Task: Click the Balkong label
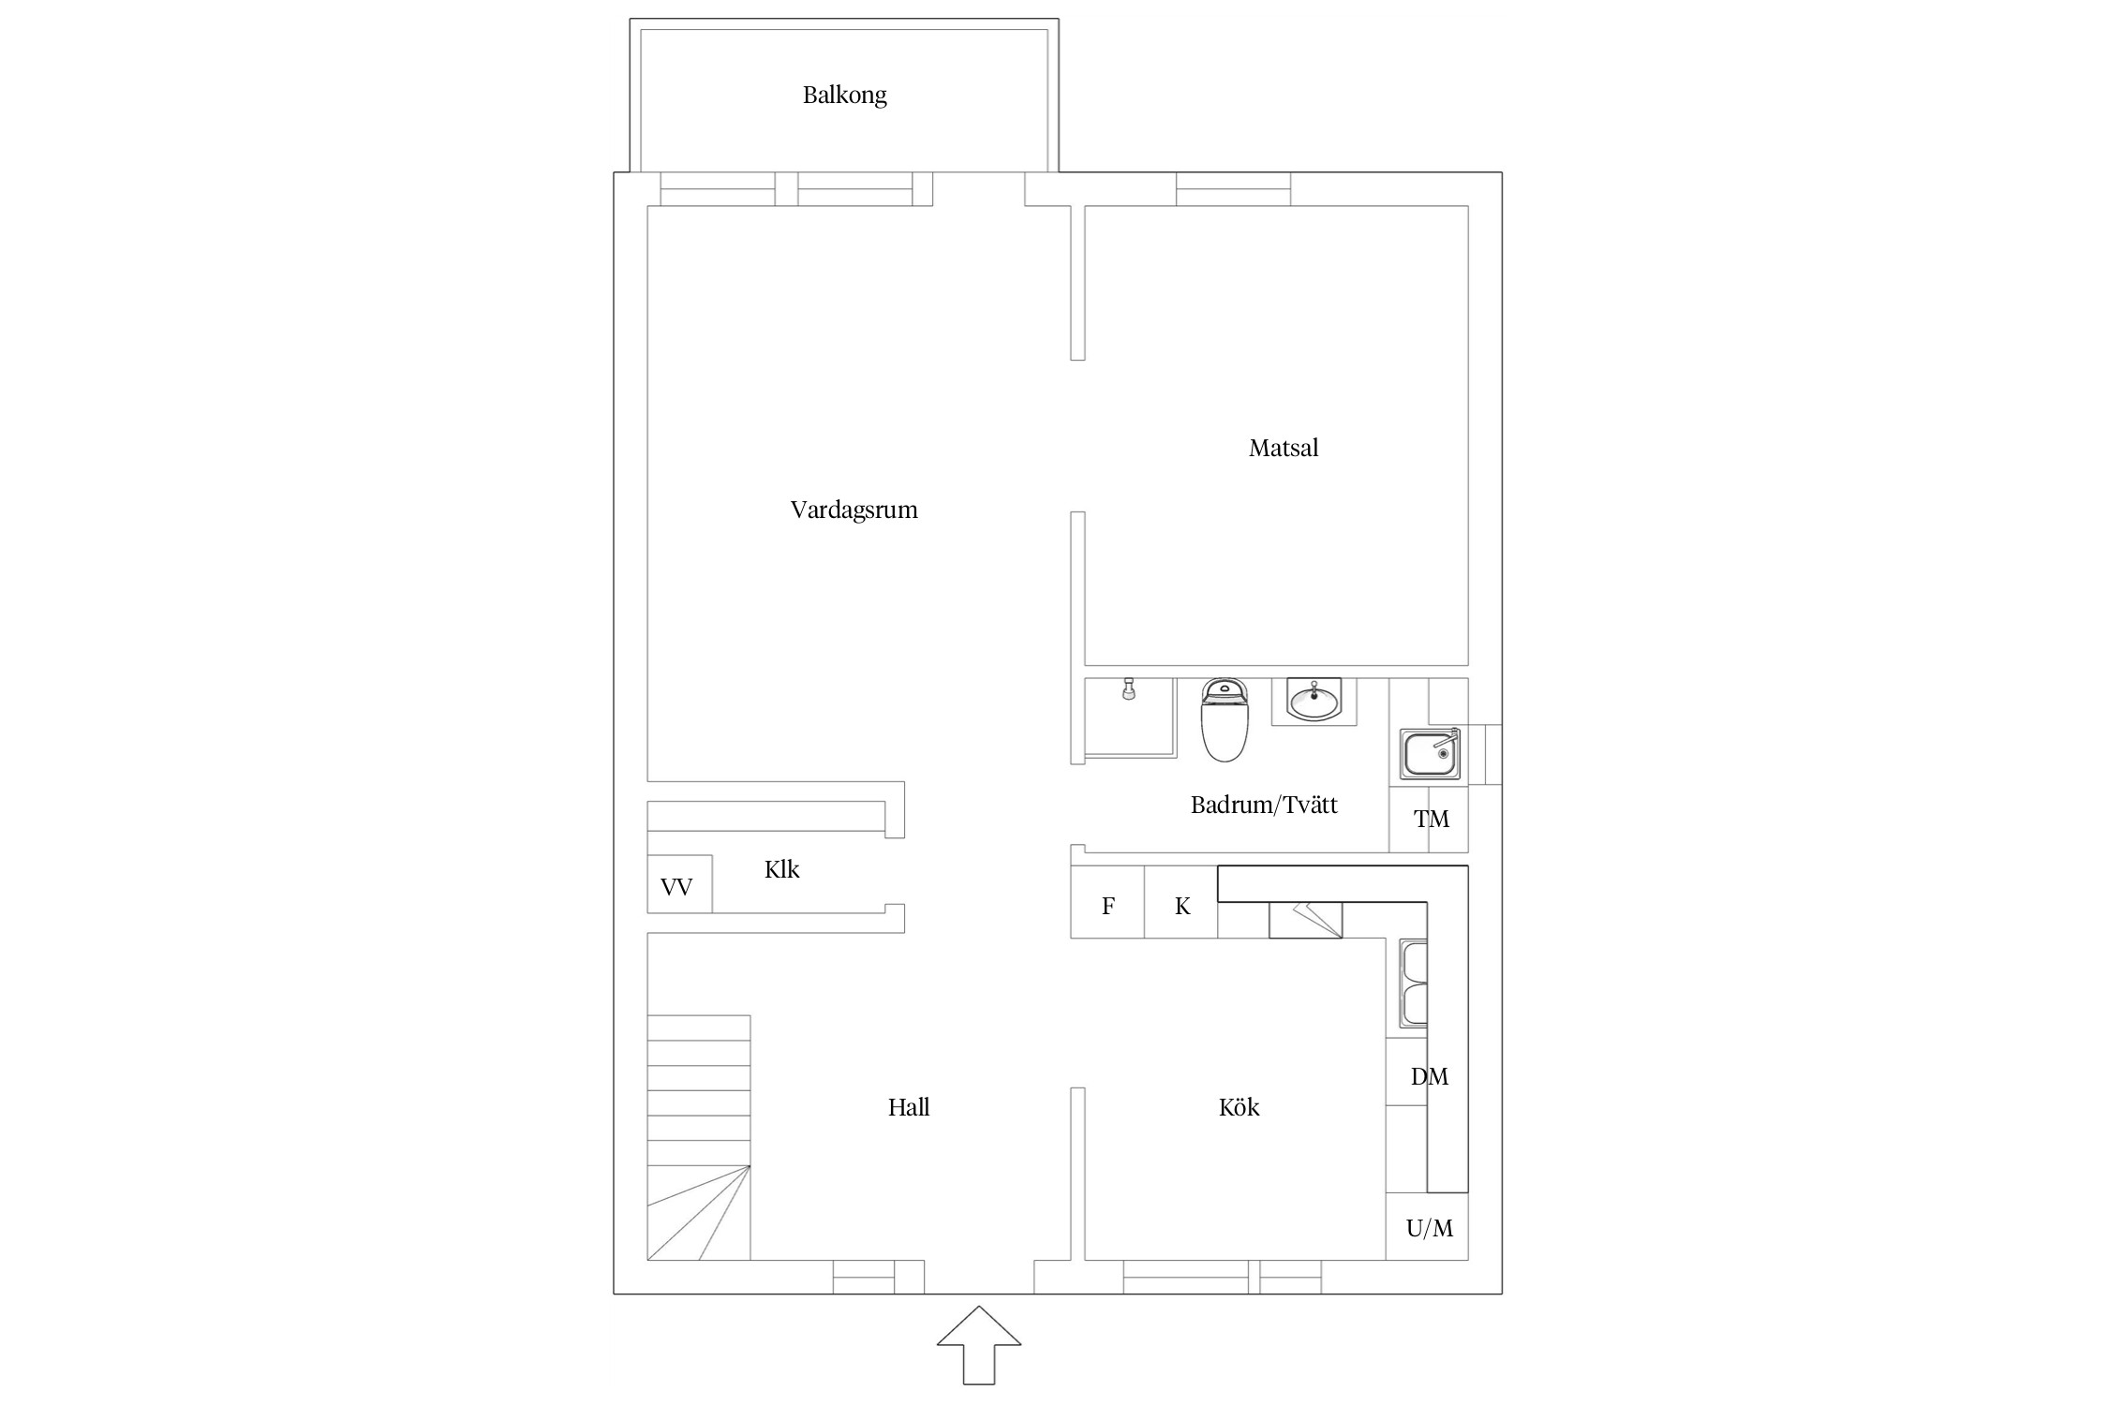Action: click(844, 96)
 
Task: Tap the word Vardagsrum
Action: click(854, 510)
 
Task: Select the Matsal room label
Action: click(1283, 448)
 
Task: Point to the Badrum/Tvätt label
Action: click(1264, 805)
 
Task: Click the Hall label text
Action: click(909, 1107)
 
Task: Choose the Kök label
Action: click(1239, 1107)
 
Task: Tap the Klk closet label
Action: click(781, 869)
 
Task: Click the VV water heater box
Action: click(679, 883)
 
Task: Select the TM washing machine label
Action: click(1432, 820)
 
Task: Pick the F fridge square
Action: click(1107, 902)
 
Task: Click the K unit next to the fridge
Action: click(1181, 902)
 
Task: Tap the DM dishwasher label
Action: click(1430, 1077)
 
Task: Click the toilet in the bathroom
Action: click(1225, 719)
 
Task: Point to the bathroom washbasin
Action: click(1314, 701)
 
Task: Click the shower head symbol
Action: click(1129, 688)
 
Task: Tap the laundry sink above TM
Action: click(1430, 754)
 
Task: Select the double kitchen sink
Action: click(1413, 983)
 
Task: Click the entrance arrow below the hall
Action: click(979, 1344)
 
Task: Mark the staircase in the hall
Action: click(699, 1137)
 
